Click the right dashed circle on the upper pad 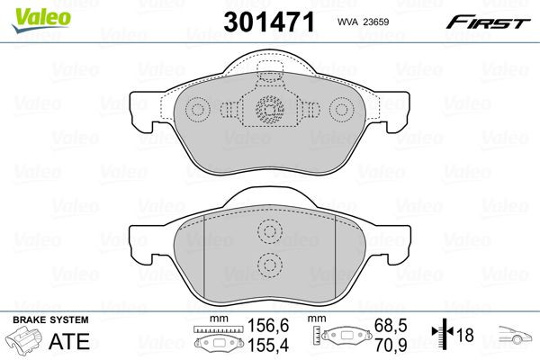(342, 110)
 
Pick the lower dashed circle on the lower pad (269, 265)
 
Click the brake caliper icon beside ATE (25, 343)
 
